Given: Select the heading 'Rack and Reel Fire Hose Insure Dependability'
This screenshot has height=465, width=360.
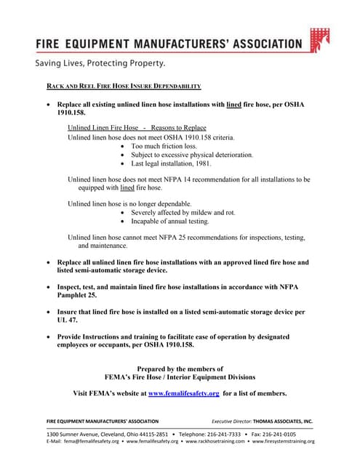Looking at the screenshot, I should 124,86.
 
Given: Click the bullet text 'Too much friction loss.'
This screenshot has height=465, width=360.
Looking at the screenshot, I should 164,146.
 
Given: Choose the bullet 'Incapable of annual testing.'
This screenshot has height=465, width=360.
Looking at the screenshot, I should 169,221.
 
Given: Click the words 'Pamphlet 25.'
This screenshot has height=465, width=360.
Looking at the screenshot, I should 76,296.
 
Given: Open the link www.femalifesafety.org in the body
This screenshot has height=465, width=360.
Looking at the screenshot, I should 183,393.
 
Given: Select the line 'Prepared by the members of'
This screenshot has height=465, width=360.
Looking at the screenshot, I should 180,368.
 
